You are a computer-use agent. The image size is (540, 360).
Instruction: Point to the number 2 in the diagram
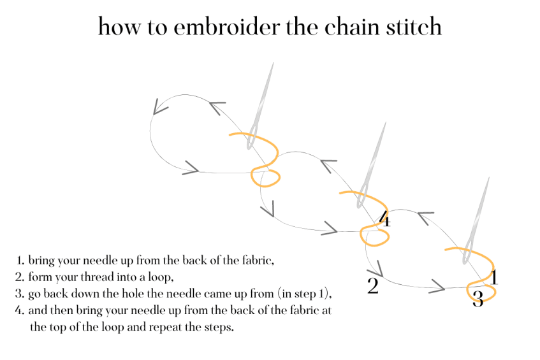(373, 285)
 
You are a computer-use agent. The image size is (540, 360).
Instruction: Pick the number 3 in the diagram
(478, 298)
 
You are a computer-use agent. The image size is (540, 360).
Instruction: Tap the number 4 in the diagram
(384, 220)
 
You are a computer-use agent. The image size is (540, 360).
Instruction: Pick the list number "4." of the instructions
(20, 311)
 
